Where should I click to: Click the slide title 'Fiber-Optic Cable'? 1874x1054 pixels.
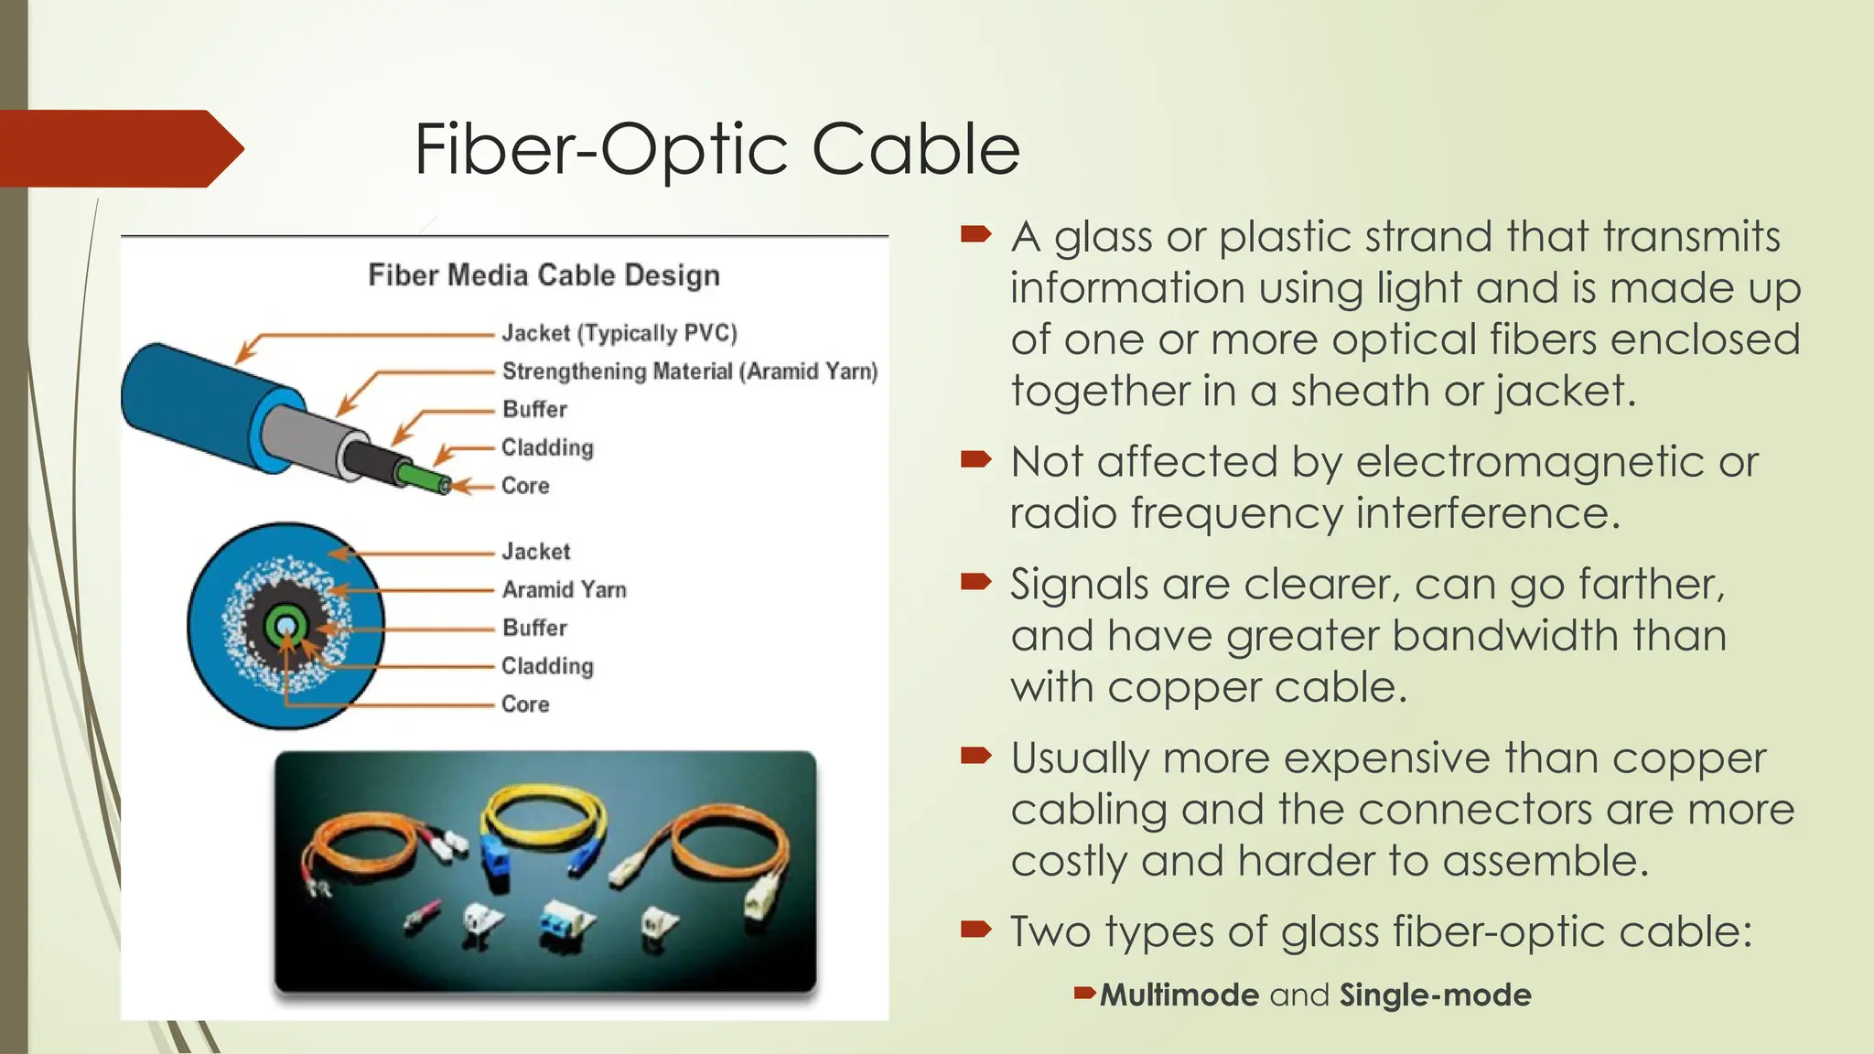point(716,149)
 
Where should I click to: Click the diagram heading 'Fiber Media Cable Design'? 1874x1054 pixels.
point(544,275)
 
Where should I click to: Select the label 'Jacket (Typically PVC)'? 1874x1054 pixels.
point(619,333)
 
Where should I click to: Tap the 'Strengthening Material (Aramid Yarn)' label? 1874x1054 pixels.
point(690,371)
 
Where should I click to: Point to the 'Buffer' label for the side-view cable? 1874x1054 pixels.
point(534,409)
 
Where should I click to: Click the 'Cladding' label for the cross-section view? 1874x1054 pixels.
point(547,666)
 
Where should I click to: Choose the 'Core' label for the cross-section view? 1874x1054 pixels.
point(525,704)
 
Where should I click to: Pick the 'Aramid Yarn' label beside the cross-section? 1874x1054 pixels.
point(564,590)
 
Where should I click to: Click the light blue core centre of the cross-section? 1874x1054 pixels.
point(285,627)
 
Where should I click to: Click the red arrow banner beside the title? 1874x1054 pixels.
point(119,149)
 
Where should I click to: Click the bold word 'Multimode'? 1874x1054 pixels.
point(1179,995)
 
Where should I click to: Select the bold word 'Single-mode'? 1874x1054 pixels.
point(1435,995)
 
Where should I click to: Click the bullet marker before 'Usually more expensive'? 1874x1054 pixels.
point(976,756)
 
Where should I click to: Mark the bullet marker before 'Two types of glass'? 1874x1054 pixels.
point(976,930)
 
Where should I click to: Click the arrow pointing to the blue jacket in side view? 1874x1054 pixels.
point(245,352)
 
